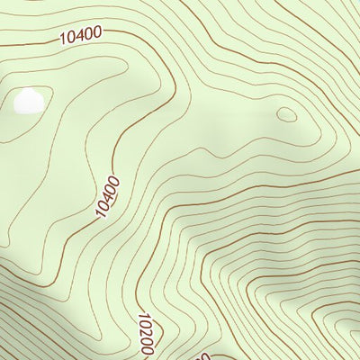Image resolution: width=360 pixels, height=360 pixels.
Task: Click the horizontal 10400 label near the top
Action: coord(80,35)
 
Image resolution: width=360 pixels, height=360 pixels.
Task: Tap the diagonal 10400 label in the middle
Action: coord(107,196)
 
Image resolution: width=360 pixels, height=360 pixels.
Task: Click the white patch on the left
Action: coord(27,101)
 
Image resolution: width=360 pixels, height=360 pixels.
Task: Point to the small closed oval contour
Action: coord(286,114)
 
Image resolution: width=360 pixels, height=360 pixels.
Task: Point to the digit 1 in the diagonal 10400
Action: coord(99,214)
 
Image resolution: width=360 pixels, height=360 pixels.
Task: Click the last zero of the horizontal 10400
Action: coord(97,33)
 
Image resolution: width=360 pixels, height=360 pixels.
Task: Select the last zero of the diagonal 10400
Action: coord(114,180)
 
